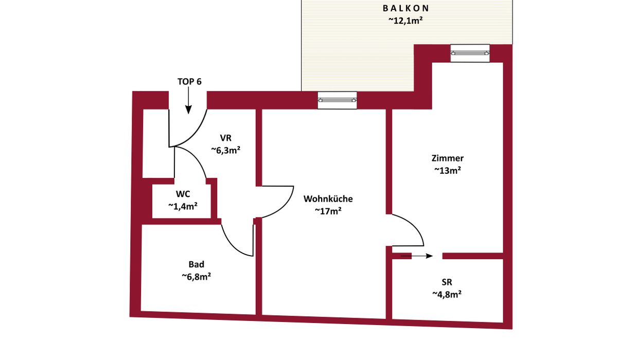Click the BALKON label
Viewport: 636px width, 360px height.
pos(406,8)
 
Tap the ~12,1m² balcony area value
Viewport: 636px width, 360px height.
pos(406,21)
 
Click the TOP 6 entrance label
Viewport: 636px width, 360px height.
pos(189,82)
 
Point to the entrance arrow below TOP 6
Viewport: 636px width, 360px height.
pos(188,100)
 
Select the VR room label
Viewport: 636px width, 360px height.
pos(226,138)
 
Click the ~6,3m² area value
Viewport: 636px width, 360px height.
pos(226,150)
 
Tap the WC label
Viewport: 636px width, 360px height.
pos(183,194)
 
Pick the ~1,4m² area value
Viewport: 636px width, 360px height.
pos(183,206)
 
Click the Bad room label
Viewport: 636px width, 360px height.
pos(196,264)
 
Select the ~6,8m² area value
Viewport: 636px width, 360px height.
pos(196,276)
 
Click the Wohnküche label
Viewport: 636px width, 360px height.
pos(328,199)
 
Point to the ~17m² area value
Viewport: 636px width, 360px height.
pos(328,211)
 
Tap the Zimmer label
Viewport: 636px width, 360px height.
pos(448,158)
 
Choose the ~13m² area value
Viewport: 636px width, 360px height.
pos(448,170)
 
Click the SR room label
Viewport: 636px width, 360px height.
pos(447,282)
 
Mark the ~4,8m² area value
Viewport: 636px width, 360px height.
pos(447,295)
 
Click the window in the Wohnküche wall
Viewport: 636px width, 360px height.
pos(337,100)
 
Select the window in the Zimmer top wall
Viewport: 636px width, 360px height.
pos(470,53)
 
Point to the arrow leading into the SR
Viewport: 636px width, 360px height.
pos(416,256)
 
